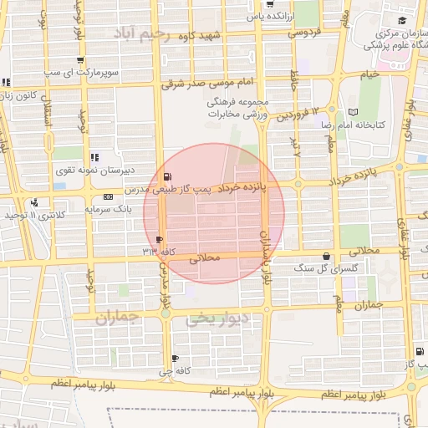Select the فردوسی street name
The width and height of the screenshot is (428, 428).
306,33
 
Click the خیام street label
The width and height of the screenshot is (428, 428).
371,74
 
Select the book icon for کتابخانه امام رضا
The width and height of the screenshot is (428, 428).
353,111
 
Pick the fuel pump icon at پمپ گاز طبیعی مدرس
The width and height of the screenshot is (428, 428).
170,177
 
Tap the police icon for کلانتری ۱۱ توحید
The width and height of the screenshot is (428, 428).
34,202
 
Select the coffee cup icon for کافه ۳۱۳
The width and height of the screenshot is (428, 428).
160,239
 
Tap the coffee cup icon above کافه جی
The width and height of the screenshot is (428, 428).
175,359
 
